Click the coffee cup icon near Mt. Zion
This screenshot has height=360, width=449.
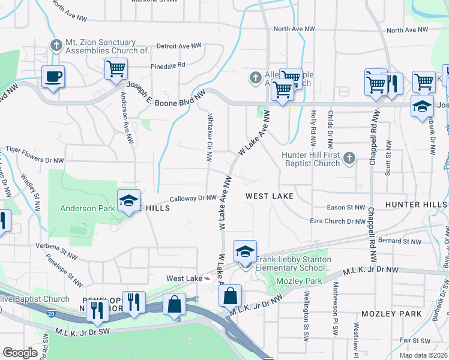pos(53,76)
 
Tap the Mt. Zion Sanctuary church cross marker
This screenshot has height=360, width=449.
pos(56,44)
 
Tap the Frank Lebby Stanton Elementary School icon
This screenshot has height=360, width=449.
pos(245,251)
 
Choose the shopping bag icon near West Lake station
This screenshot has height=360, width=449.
pos(230,295)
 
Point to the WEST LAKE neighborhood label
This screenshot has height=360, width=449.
pos(270,196)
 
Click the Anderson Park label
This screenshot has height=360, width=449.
pos(86,208)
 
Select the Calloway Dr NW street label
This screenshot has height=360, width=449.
pos(193,198)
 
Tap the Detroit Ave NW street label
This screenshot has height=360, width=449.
pos(178,46)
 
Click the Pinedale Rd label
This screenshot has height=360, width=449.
pos(168,64)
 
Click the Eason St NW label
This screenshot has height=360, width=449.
pos(346,208)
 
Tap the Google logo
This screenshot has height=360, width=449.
pos(20,353)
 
